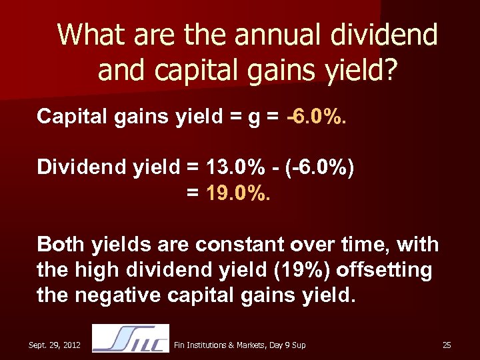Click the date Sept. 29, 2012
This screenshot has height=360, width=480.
tap(55, 345)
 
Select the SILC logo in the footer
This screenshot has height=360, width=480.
tap(130, 339)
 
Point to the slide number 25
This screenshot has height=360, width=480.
tap(447, 345)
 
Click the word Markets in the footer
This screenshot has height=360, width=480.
tap(249, 345)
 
